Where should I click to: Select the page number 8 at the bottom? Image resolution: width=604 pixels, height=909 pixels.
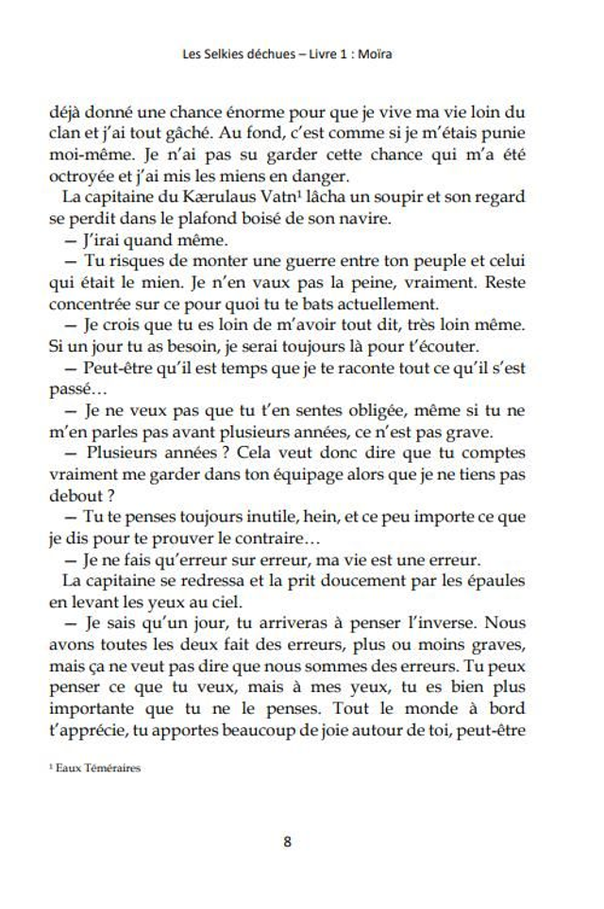tap(287, 842)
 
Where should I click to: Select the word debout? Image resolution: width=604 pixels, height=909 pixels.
tap(74, 496)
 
